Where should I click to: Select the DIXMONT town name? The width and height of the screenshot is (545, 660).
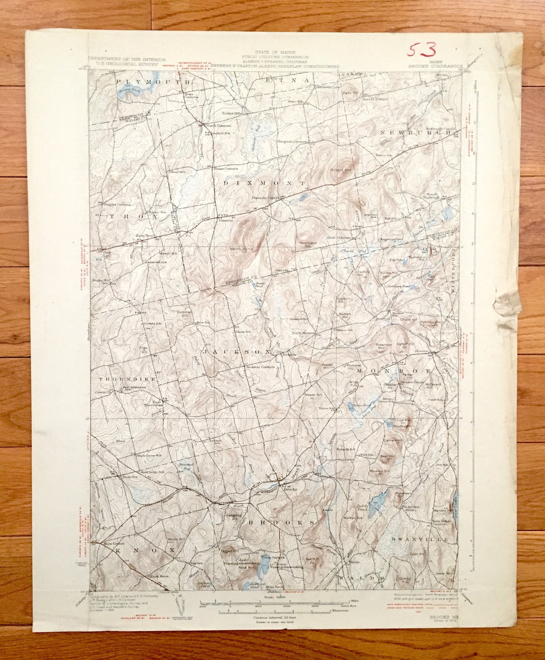pos(264,183)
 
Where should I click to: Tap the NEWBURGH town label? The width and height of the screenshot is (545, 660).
pos(415,132)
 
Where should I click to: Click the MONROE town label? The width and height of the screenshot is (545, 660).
pos(394,371)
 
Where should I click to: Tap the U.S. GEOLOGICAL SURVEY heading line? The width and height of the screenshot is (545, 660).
pos(123,64)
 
